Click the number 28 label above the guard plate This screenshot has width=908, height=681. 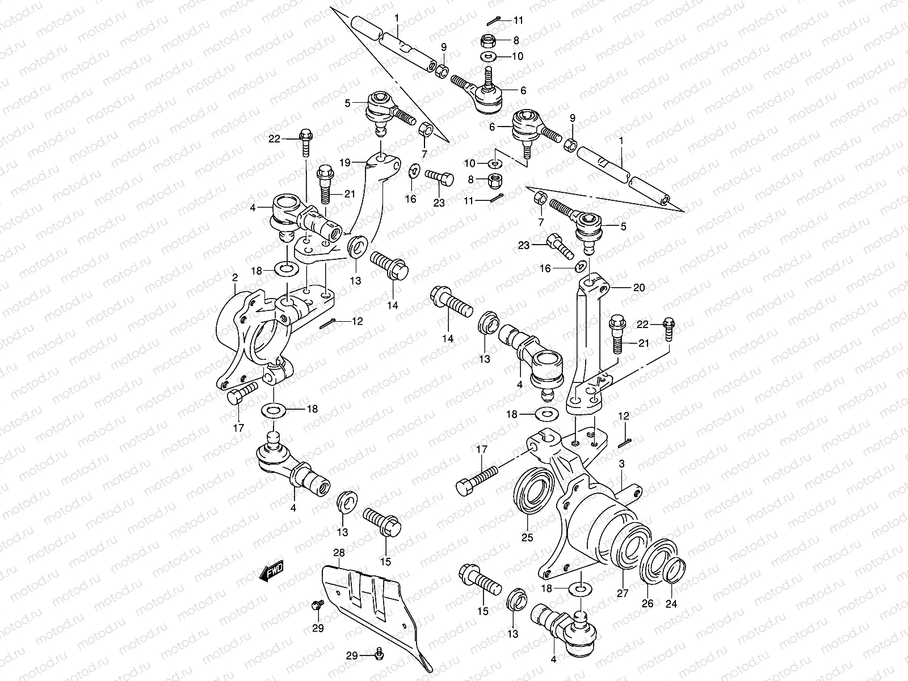(x=339, y=553)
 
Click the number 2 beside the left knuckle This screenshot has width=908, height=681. (x=234, y=277)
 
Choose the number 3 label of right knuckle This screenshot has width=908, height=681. (x=621, y=464)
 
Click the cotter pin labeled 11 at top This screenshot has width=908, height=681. (x=494, y=22)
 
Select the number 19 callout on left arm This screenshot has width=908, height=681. (x=344, y=162)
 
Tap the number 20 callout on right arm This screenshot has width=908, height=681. (x=639, y=288)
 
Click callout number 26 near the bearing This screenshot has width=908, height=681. (x=648, y=603)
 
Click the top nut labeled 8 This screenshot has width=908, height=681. (x=489, y=40)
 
